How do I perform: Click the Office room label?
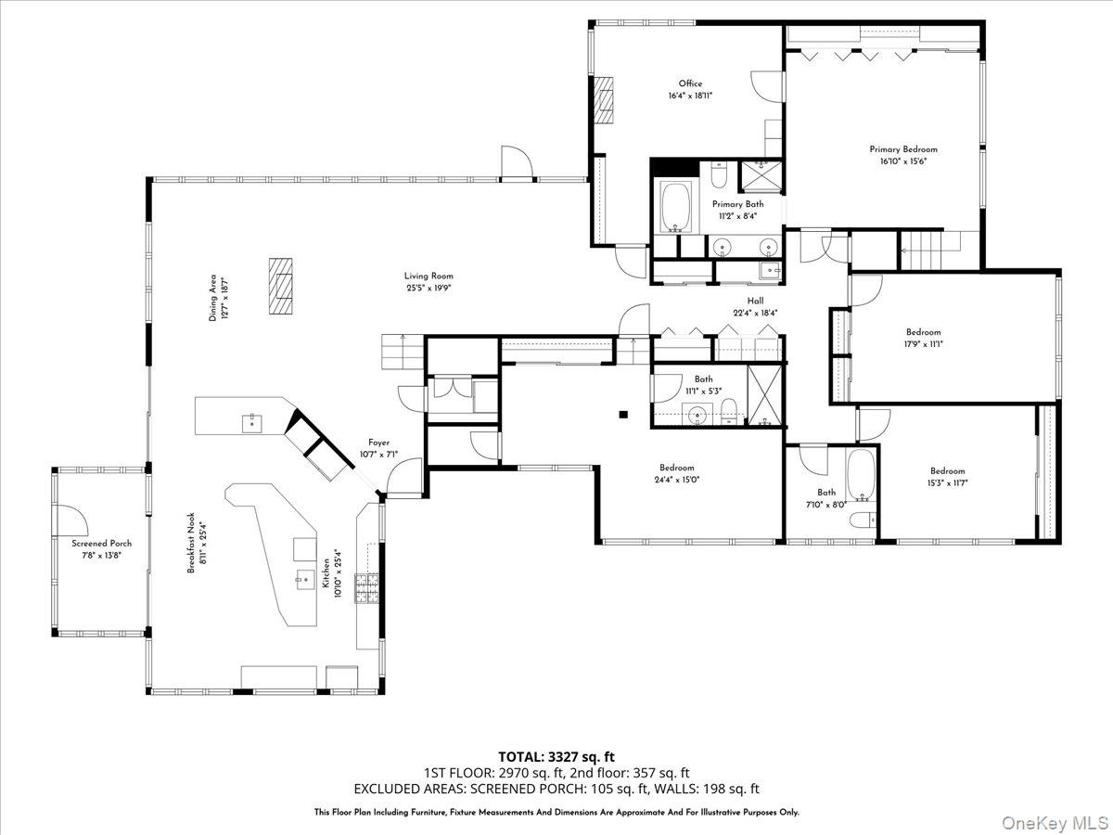point(690,83)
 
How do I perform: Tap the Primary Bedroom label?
point(902,148)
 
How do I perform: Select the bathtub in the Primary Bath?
point(674,206)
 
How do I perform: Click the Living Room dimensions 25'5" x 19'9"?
point(429,288)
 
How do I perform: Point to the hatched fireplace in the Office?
point(605,98)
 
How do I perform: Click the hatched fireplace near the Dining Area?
point(281,287)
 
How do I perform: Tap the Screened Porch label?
point(102,543)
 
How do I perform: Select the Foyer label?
point(378,443)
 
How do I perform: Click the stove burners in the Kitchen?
point(366,588)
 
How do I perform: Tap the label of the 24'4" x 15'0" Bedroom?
point(677,468)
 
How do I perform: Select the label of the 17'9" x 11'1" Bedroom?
point(923,332)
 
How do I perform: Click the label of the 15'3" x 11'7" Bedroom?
point(947,470)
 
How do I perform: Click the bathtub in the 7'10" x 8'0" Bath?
point(860,476)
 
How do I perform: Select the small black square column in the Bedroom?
point(623,414)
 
